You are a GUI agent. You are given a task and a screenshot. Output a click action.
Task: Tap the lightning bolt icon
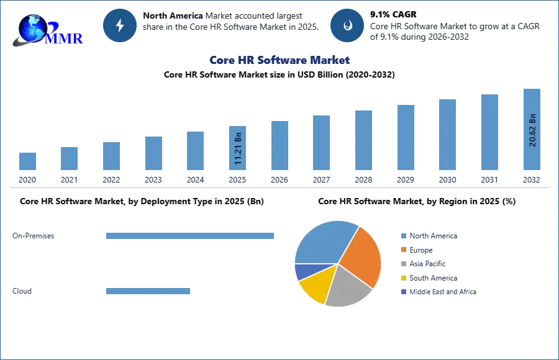tap(120, 25)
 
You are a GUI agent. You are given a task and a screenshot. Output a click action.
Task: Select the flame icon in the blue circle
tap(347, 25)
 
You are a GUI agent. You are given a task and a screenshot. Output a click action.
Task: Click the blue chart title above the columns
tap(279, 60)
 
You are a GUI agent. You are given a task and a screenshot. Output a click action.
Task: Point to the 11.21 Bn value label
tap(238, 149)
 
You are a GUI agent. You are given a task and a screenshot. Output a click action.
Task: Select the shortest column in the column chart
tap(27, 161)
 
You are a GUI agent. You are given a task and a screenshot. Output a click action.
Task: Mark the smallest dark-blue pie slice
tap(302, 271)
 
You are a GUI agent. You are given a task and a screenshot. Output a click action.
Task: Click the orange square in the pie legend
tap(403, 250)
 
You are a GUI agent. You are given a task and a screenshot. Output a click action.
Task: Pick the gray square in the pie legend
tap(403, 264)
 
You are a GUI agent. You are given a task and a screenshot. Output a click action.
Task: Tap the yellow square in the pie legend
tap(403, 278)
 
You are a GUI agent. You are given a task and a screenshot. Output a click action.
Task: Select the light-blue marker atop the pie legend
tap(403, 235)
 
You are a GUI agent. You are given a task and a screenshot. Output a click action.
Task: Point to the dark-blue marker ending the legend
tap(403, 292)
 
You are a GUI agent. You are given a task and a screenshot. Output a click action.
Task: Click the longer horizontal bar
tap(191, 236)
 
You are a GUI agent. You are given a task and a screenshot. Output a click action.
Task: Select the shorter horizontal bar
tap(148, 292)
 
